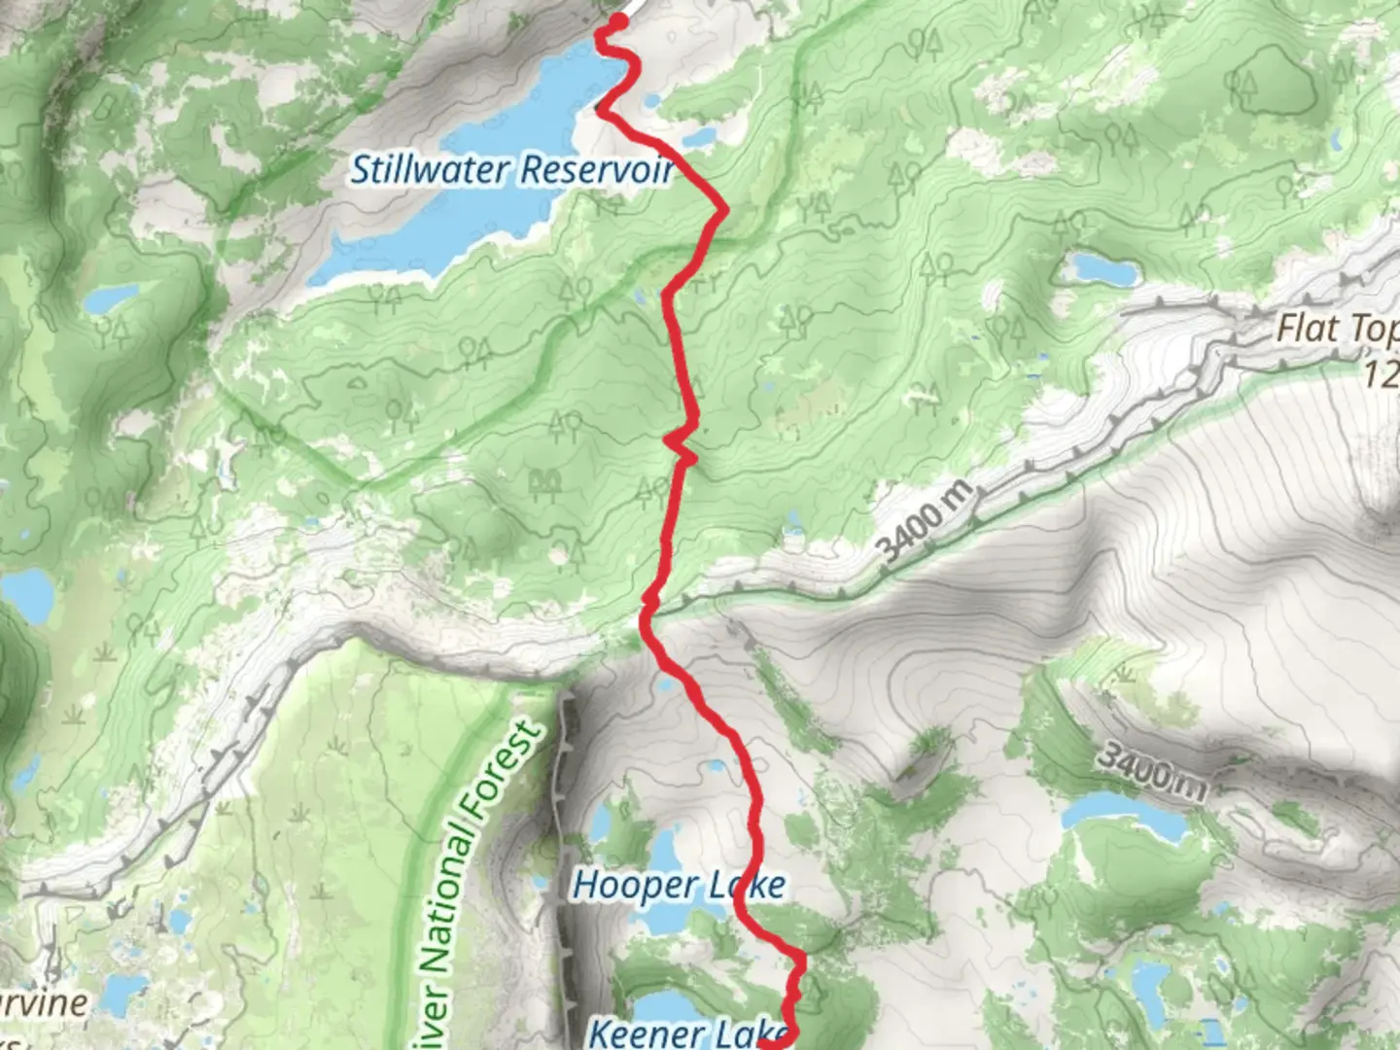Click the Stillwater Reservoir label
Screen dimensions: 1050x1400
(x=512, y=170)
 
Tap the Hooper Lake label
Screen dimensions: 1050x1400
(x=678, y=885)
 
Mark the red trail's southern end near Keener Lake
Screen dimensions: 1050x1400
(x=768, y=1044)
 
